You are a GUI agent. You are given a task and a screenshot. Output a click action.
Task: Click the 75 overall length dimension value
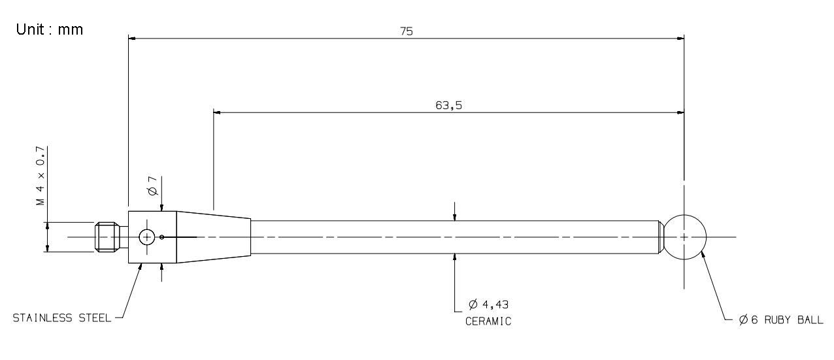407,31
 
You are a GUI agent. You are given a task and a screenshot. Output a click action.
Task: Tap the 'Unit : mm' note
50,29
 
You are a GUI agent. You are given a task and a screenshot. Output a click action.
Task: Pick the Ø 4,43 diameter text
489,305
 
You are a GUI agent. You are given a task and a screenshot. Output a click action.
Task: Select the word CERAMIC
488,321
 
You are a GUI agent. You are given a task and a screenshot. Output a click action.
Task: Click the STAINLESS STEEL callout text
62,318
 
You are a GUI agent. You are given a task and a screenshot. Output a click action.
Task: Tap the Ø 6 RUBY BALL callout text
780,321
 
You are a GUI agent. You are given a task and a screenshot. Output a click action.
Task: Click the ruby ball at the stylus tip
684,237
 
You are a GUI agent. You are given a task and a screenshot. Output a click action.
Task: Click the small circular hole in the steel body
147,237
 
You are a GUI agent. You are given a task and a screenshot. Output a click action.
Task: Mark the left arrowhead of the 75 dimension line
133,39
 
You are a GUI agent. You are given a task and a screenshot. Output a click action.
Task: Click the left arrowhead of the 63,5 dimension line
218,112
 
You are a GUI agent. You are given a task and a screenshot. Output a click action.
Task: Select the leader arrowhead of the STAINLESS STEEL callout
141,267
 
